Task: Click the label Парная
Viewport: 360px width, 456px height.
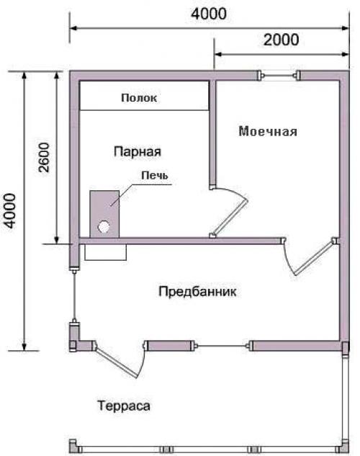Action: pos(137,151)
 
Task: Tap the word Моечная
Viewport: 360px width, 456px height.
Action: pos(268,132)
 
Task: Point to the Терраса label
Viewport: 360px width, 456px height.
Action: pos(123,406)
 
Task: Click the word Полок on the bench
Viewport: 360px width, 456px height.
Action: pos(139,97)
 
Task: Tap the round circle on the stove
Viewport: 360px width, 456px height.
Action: pos(104,225)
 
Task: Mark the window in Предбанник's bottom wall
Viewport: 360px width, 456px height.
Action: pos(222,346)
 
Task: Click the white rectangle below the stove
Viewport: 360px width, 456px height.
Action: pos(105,252)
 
